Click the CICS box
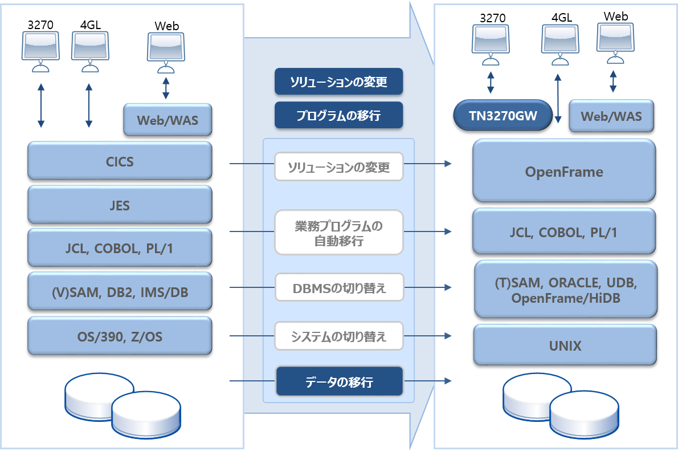pos(120,161)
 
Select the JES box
pos(120,205)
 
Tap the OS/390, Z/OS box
pos(120,336)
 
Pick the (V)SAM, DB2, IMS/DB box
pos(120,292)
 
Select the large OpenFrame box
pos(564,171)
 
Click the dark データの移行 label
pos(339,381)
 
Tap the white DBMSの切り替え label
pos(339,288)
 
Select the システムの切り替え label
pos(339,336)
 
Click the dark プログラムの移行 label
pos(339,115)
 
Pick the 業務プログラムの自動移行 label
pos(339,233)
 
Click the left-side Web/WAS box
pos(168,120)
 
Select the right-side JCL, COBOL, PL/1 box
pos(564,231)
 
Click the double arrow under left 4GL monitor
pos(88,106)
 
